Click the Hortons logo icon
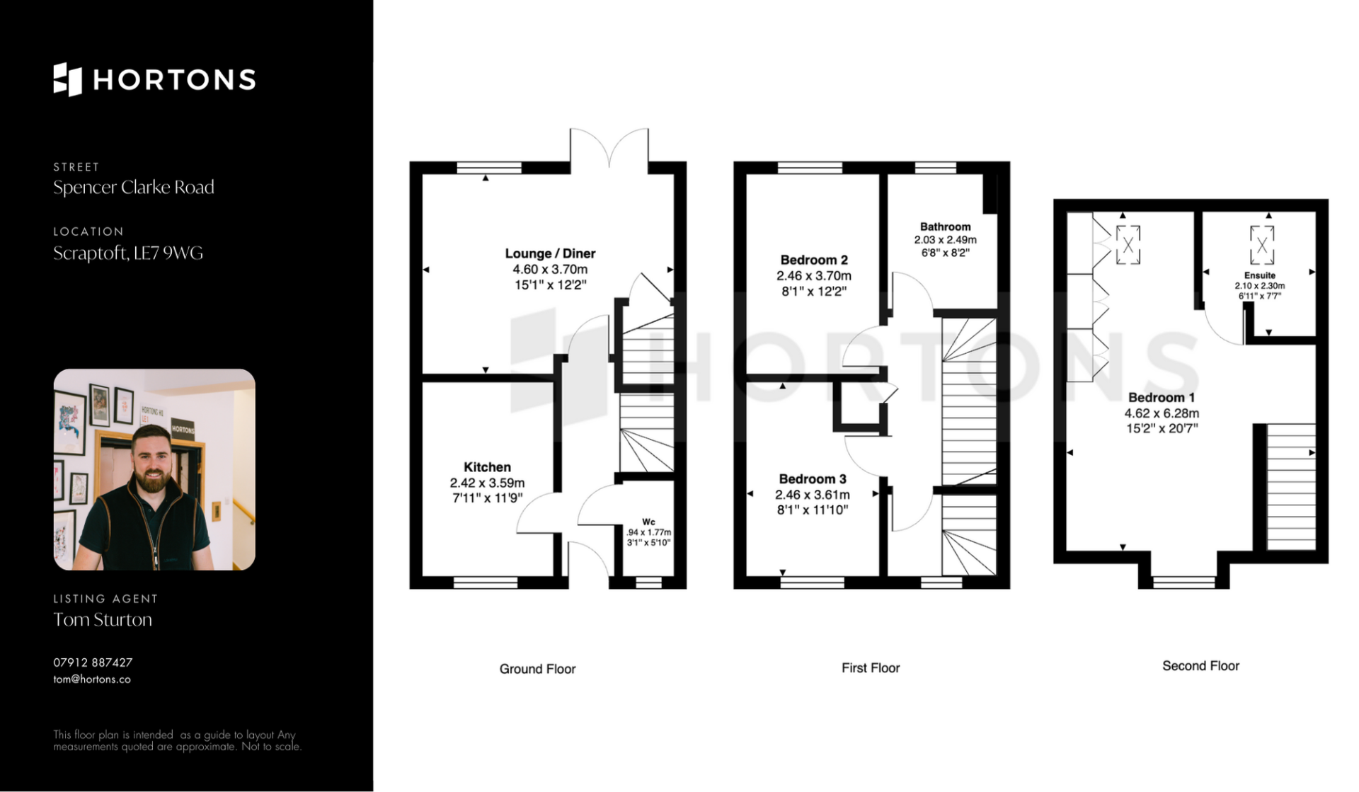click(68, 79)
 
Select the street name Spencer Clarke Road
click(134, 188)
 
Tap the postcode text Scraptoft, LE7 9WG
click(128, 253)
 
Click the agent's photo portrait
click(154, 469)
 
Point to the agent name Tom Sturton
click(103, 620)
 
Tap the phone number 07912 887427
click(93, 662)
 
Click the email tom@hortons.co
click(92, 679)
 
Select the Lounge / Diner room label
click(550, 253)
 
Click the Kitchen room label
click(487, 467)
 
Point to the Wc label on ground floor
click(648, 522)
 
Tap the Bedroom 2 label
click(814, 260)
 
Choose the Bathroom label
click(945, 226)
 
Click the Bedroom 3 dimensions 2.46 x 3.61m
click(813, 495)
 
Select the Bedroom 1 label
click(1162, 398)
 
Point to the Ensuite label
click(1260, 275)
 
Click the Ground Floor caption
click(537, 669)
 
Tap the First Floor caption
click(871, 667)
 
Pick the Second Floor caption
click(1200, 666)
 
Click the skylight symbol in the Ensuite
click(1262, 245)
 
